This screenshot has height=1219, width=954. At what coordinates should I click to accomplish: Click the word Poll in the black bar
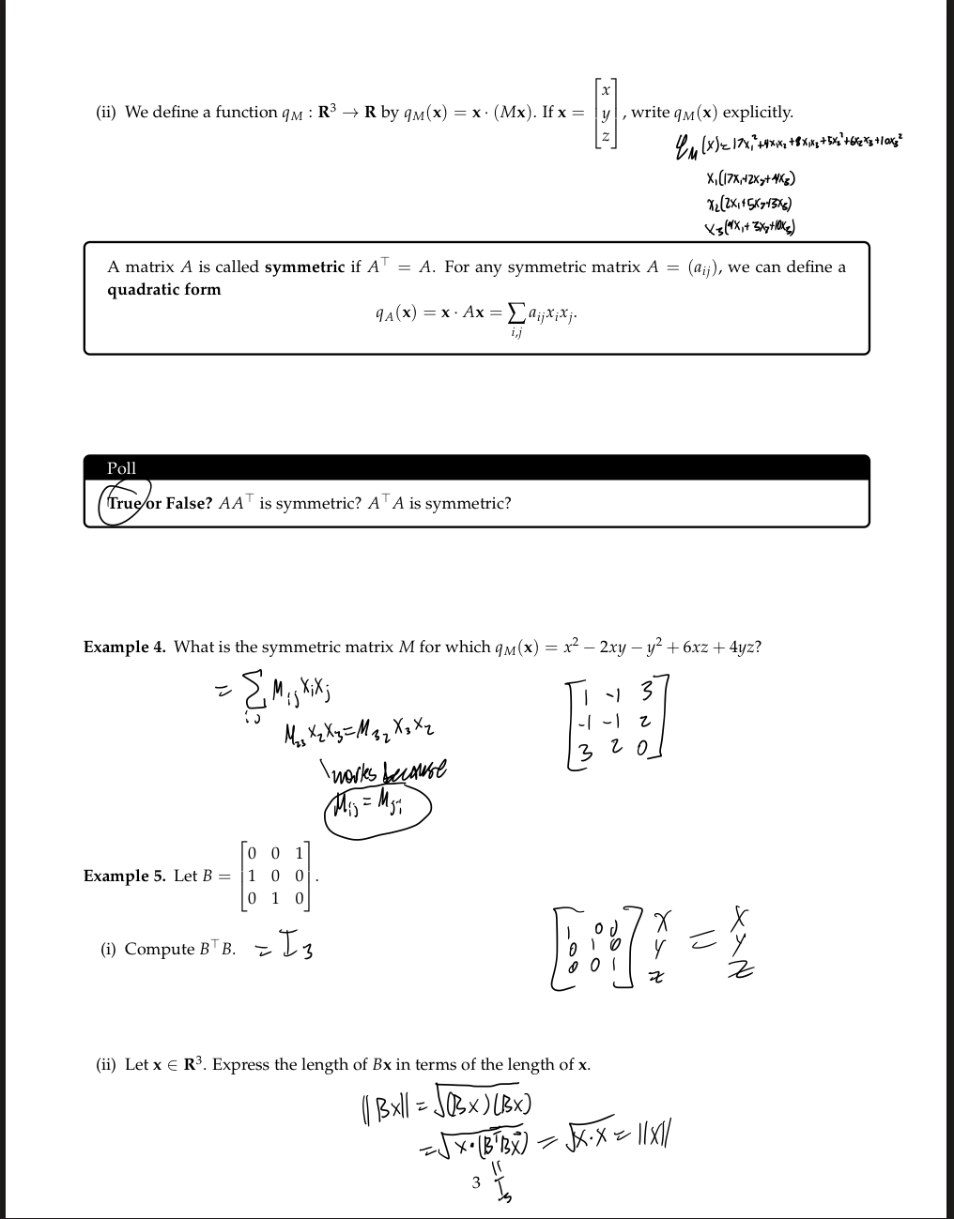click(121, 467)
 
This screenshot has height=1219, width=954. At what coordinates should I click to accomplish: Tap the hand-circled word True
click(122, 502)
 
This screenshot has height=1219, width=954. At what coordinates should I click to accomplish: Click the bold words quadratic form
click(164, 289)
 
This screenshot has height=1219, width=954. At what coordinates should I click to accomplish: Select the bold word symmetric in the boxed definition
click(305, 267)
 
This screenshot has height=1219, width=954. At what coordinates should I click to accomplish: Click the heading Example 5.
click(125, 876)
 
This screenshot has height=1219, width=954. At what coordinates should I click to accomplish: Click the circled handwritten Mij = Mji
click(376, 806)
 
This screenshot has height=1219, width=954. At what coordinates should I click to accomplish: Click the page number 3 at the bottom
click(476, 1182)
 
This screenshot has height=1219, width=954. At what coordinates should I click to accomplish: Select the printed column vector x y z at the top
click(606, 113)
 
